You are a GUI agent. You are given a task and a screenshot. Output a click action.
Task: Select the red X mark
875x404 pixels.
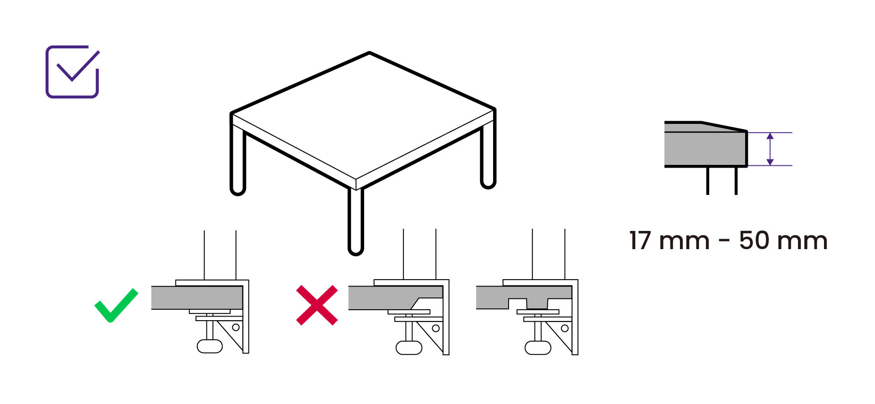[x=317, y=305]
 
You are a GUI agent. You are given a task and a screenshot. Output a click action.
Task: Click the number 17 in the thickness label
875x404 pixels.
[x=641, y=240]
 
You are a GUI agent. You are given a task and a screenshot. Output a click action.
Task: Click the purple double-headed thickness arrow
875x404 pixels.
[x=770, y=149]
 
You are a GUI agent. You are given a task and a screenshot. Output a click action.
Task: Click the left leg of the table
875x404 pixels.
[x=238, y=159]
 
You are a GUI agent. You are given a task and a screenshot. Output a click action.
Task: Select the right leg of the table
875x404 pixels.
[x=488, y=155]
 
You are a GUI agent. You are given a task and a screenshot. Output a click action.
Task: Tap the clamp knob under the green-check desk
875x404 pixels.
[x=210, y=346]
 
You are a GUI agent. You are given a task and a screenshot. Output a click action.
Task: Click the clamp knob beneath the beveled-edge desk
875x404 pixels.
[x=409, y=348]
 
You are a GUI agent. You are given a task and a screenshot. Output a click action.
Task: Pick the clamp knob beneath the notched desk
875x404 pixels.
[x=538, y=348]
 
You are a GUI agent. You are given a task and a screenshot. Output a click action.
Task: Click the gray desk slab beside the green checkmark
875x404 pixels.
[x=197, y=298]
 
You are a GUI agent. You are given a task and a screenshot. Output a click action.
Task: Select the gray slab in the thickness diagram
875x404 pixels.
[x=705, y=149]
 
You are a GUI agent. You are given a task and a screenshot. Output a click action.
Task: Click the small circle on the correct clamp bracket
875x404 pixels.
[x=236, y=327]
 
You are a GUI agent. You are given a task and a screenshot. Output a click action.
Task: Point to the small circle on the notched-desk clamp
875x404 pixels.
[x=565, y=328]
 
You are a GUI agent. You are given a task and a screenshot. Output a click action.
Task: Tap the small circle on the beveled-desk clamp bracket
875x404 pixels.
[x=436, y=328]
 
